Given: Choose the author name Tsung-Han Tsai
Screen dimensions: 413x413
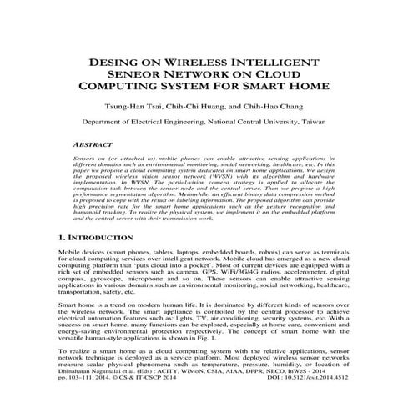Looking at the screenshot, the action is [x=137, y=107].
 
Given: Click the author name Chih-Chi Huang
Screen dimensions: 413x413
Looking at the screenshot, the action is [x=204, y=107].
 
